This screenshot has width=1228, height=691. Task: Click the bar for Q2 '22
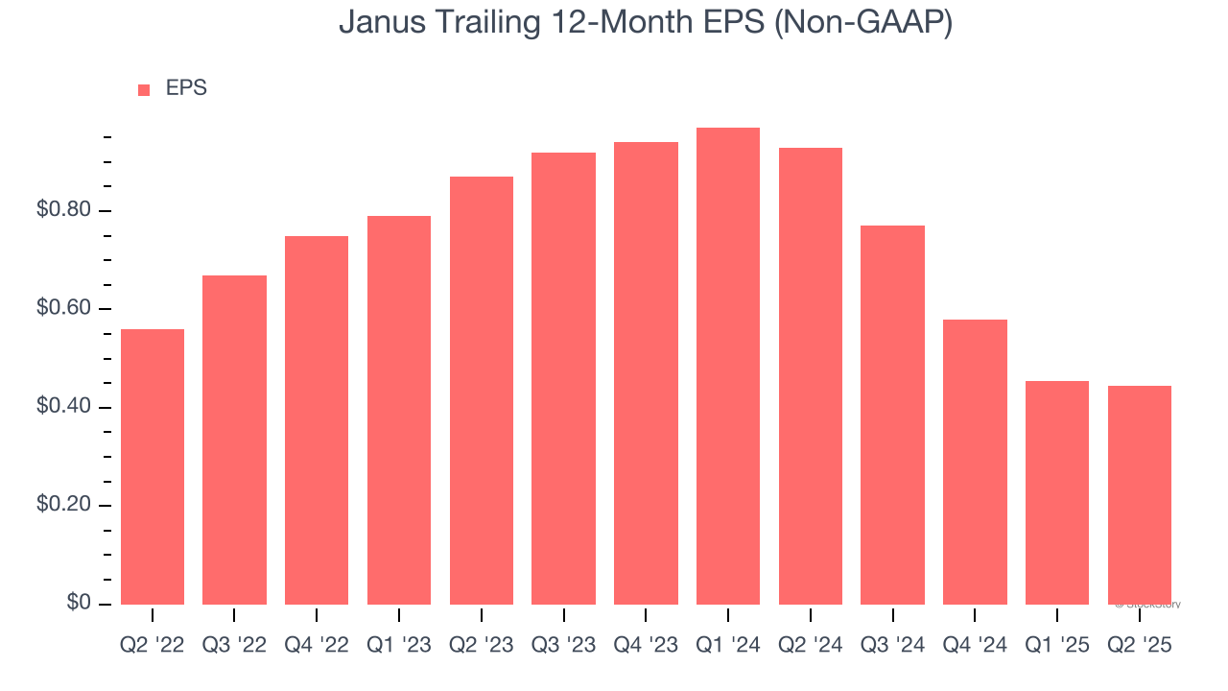coord(152,466)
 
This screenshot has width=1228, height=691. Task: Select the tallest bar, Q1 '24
coord(728,366)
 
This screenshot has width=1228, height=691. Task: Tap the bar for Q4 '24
coord(975,462)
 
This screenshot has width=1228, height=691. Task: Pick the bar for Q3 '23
coord(563,378)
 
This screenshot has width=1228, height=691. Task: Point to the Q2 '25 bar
coord(1140,494)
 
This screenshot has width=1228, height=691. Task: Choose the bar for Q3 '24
coord(892,415)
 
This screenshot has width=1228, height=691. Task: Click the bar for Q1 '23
coord(399,410)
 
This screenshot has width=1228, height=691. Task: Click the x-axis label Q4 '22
coord(317,646)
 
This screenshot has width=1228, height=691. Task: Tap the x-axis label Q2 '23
coord(481,646)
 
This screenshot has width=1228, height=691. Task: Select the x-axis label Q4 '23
coord(646,646)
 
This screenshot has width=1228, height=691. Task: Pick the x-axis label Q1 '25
coord(1057,646)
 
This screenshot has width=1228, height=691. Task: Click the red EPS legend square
coord(144,89)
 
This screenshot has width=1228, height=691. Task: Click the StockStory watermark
coord(1148,605)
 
